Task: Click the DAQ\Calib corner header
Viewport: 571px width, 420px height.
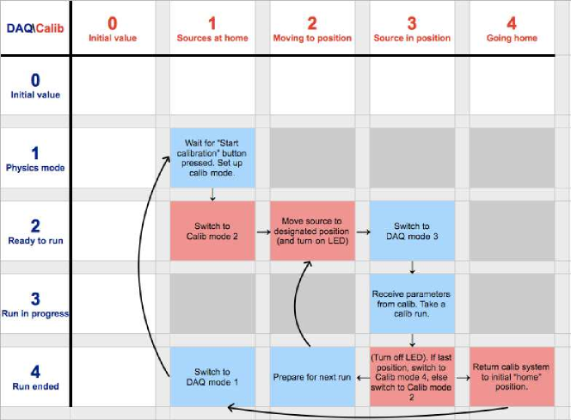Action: coord(35,28)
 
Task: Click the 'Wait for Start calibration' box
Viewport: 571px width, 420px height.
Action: coord(212,157)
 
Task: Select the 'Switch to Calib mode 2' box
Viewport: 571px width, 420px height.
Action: coord(212,231)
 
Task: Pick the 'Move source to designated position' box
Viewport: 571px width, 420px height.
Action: coord(312,231)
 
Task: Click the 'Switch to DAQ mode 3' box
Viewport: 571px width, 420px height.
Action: coord(412,231)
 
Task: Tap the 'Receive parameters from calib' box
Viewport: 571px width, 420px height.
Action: coord(412,304)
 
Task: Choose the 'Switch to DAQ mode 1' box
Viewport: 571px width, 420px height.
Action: coord(212,377)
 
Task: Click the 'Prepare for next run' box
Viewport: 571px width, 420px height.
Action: coord(312,377)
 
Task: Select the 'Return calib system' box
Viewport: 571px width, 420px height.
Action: coord(512,377)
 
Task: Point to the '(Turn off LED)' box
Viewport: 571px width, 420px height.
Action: coord(412,377)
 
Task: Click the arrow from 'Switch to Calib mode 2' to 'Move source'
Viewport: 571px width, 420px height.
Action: coord(263,232)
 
